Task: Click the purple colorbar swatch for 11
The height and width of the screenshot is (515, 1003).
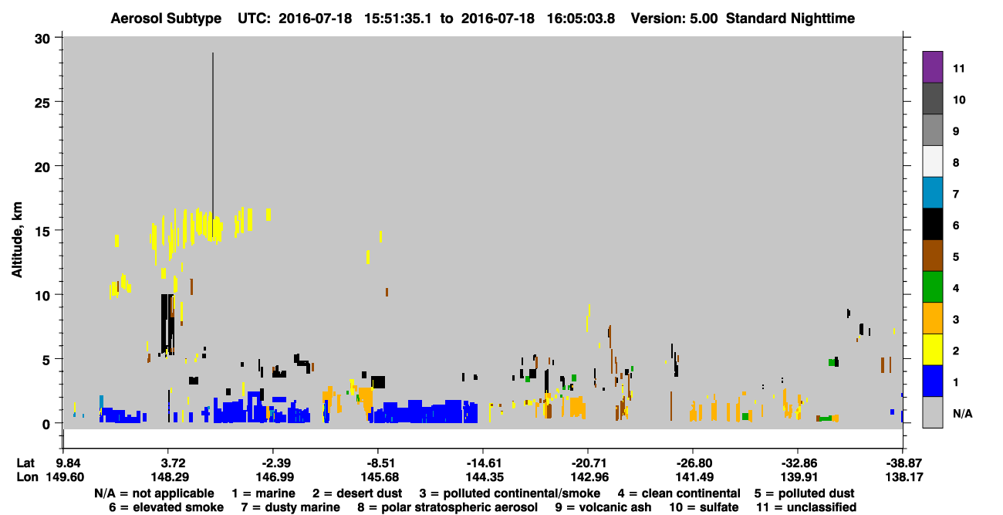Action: coord(932,67)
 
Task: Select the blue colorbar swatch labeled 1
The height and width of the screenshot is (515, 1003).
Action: coord(932,381)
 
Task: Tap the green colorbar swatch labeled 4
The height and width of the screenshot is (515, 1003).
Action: coord(932,287)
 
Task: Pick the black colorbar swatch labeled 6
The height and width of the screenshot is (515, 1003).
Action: coord(932,224)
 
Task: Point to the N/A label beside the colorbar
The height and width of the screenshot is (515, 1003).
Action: coord(963,413)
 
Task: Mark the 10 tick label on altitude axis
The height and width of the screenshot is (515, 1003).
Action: coord(42,296)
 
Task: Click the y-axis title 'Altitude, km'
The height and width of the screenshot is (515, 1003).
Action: coord(17,240)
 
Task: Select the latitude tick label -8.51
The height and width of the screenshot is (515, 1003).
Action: coord(380,462)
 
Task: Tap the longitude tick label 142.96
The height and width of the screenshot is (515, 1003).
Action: coord(589,477)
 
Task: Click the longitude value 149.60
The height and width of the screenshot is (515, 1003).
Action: coord(65,477)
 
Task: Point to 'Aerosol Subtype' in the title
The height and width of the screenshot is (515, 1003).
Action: coord(166,19)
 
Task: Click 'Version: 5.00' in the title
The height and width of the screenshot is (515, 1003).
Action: coord(674,19)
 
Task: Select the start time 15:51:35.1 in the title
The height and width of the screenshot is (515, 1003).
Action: coord(397,19)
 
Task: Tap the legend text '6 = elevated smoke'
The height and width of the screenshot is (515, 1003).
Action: coord(166,507)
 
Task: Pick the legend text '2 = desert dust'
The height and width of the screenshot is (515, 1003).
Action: coord(357,493)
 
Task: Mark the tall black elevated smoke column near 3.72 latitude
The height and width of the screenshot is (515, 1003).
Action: coord(167,324)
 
